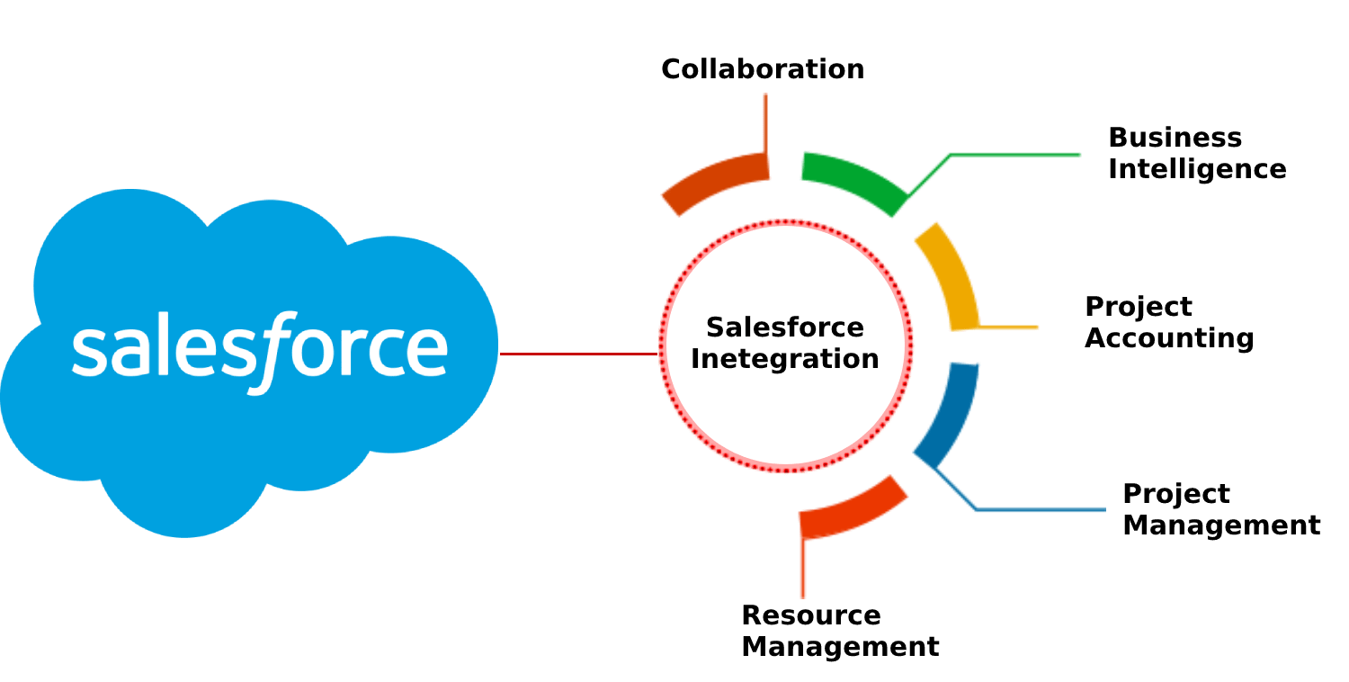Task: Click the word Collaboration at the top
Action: (x=762, y=69)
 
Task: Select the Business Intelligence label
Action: (x=1196, y=153)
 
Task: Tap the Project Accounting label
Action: (x=1168, y=322)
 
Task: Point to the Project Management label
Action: (x=1220, y=509)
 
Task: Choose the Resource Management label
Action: (x=839, y=631)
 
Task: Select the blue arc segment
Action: (x=949, y=409)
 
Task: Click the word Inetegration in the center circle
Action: (x=784, y=359)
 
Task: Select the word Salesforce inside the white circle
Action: (x=784, y=327)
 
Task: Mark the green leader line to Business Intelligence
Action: (x=1016, y=156)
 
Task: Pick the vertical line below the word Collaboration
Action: (x=764, y=121)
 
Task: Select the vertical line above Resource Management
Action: (x=803, y=567)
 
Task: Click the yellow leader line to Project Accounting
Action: (x=1009, y=327)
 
